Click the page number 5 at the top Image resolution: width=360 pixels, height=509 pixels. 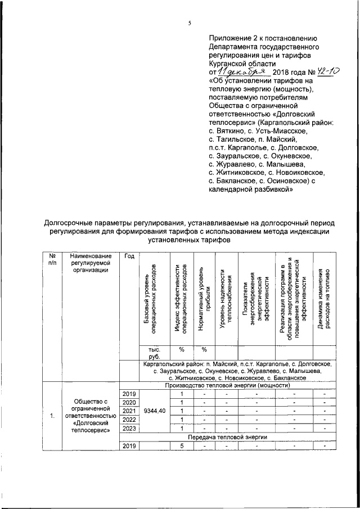click(190, 23)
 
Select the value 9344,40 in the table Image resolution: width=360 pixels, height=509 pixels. click(154, 411)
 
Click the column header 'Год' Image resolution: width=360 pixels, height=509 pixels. click(129, 256)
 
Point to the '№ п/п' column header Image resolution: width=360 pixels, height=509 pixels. click(52, 259)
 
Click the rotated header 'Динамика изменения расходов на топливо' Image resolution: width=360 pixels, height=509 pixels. click(323, 298)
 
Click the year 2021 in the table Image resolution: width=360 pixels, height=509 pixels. click(129, 411)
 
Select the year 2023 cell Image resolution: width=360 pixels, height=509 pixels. click(129, 428)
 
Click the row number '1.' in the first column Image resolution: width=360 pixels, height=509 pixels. click(52, 416)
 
